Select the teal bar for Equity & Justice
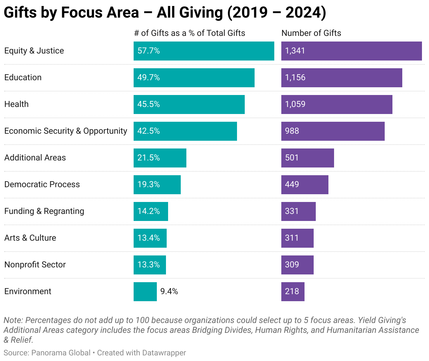click(204, 51)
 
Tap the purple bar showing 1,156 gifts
click(341, 78)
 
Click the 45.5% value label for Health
click(148, 104)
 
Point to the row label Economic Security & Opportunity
click(65, 131)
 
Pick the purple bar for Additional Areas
click(307, 158)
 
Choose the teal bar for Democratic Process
click(157, 185)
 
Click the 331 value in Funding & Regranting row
click(292, 211)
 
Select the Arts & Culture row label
click(30, 238)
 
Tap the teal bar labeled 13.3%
click(149, 265)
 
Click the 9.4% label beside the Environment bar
click(169, 291)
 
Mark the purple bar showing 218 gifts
click(293, 292)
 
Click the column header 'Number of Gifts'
click(311, 33)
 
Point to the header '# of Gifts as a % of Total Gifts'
click(190, 33)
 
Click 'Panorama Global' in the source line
click(61, 353)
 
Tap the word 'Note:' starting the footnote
click(13, 320)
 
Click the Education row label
click(23, 77)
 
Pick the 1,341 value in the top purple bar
click(295, 51)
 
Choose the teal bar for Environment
click(145, 292)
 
